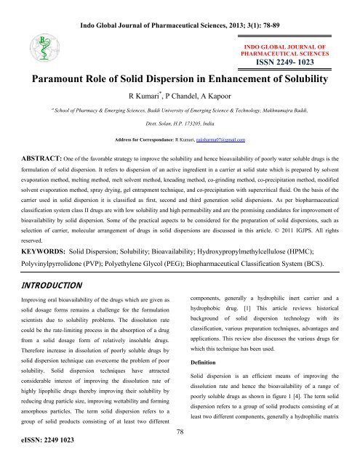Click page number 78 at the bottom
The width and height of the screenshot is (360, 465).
180,432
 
